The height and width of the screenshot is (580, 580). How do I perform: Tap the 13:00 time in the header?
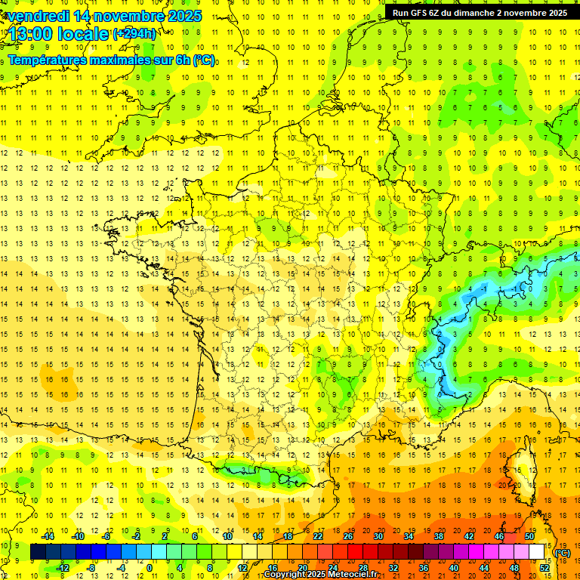(x=31, y=34)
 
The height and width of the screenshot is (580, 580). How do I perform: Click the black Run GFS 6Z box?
(x=480, y=12)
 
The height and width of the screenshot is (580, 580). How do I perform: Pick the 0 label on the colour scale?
(x=149, y=568)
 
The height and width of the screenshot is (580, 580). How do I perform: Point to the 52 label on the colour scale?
(x=545, y=568)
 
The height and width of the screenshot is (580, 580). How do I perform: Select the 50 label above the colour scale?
(x=529, y=535)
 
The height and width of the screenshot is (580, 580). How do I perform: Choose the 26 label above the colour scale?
(x=348, y=535)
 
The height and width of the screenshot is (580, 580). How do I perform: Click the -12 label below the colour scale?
(x=63, y=568)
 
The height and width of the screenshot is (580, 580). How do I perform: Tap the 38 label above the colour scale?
(x=439, y=535)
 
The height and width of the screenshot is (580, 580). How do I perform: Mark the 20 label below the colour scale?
(x=303, y=568)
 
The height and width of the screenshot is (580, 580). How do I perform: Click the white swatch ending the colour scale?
(x=537, y=552)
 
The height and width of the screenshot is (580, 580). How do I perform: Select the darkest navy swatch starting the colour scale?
(x=38, y=552)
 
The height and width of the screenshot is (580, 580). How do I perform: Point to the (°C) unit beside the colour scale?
(x=562, y=553)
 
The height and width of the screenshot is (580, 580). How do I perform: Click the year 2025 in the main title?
(x=184, y=16)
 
